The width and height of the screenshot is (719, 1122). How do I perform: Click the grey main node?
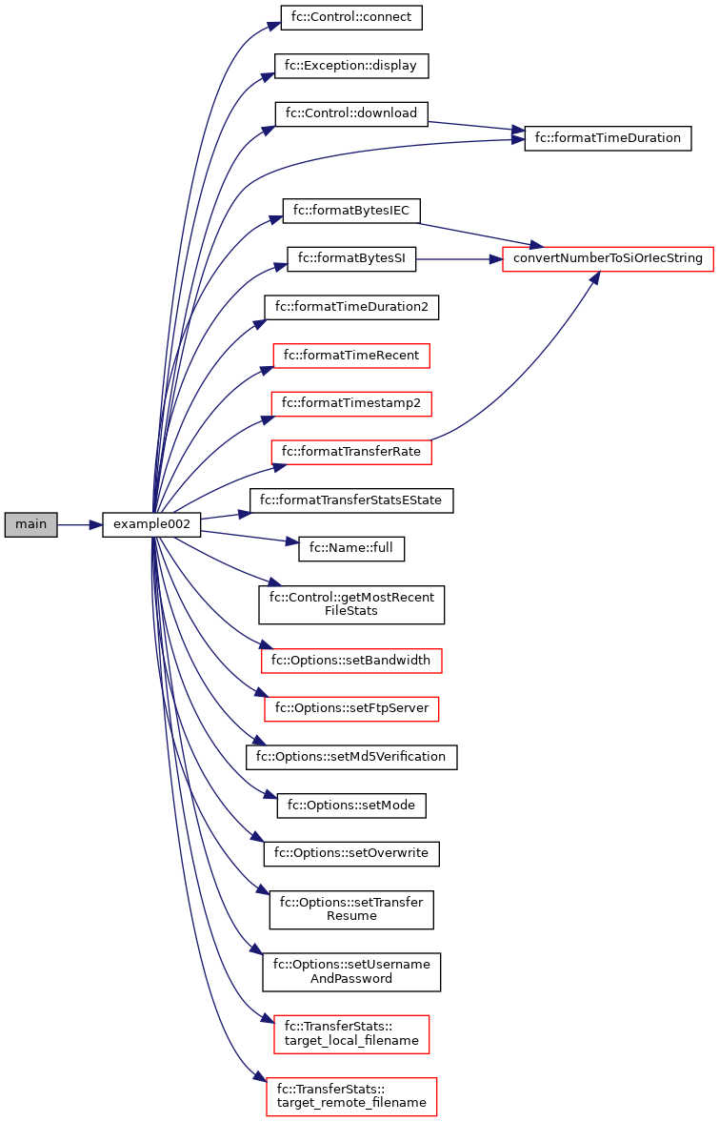pos(30,524)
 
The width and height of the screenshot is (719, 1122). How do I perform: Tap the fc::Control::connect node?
pos(351,17)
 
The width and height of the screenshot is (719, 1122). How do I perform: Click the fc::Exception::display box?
pos(351,66)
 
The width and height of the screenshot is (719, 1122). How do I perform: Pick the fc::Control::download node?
pos(351,113)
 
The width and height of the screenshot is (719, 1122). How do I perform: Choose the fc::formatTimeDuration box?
pos(608,138)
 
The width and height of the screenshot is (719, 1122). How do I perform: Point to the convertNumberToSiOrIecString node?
pos(608,258)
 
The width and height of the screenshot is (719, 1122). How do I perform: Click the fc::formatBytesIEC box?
pos(351,211)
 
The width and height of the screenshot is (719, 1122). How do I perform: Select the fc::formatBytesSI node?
pos(351,258)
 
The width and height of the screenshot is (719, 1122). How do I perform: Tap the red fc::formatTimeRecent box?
pos(351,356)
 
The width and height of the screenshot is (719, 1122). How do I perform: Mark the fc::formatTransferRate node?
pos(351,452)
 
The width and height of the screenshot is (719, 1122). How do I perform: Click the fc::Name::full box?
pos(351,548)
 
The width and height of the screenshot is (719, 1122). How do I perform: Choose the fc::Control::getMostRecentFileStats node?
pos(351,604)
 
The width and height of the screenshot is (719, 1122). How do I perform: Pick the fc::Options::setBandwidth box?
pos(351,660)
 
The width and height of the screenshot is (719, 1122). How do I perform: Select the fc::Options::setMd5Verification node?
pos(351,756)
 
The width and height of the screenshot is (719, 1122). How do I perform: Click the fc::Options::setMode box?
pos(351,805)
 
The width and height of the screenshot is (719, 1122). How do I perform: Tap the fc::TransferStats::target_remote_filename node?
pos(351,1096)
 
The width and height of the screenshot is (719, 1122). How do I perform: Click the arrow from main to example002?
pos(80,524)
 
